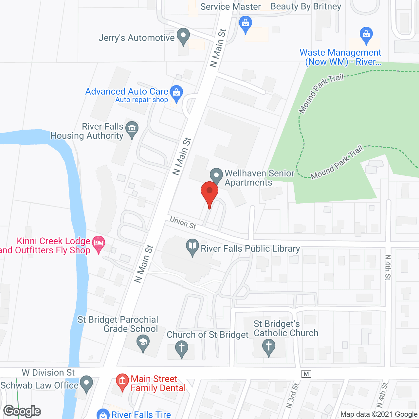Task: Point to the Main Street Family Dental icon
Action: point(122,381)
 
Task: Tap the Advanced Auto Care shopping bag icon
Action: point(176,93)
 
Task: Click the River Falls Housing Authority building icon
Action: point(132,129)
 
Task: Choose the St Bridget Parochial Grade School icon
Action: point(143,343)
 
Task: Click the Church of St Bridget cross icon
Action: point(181,348)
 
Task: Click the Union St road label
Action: point(183,223)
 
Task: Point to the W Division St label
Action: point(48,373)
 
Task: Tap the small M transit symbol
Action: point(306,373)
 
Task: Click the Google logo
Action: point(22,411)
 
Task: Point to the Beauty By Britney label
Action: point(306,7)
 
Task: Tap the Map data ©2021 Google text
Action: point(379,414)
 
